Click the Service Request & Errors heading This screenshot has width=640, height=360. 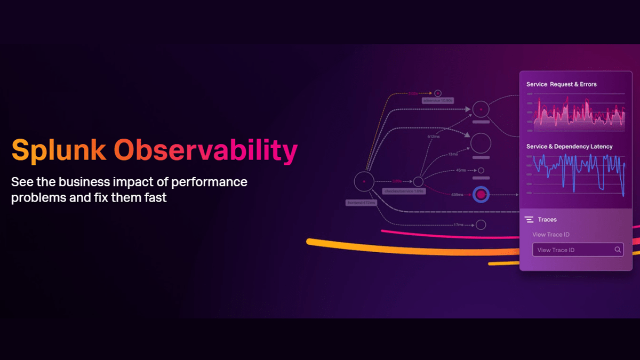click(x=562, y=84)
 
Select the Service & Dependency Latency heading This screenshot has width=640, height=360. click(x=569, y=146)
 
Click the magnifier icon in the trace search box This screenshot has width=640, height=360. click(x=618, y=250)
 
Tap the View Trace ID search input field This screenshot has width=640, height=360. click(x=571, y=250)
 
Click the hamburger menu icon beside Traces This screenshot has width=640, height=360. click(x=529, y=219)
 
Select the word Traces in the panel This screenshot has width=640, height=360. click(x=548, y=220)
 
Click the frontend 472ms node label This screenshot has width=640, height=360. click(x=361, y=203)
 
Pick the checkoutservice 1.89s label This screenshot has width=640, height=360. click(x=403, y=191)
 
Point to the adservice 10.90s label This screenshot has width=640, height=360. click(x=438, y=100)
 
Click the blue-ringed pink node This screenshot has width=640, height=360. click(x=481, y=195)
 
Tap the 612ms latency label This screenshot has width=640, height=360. click(x=434, y=137)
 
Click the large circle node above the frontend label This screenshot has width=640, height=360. click(x=364, y=181)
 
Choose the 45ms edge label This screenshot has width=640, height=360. click(x=460, y=171)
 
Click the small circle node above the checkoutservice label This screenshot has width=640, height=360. click(x=418, y=182)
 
